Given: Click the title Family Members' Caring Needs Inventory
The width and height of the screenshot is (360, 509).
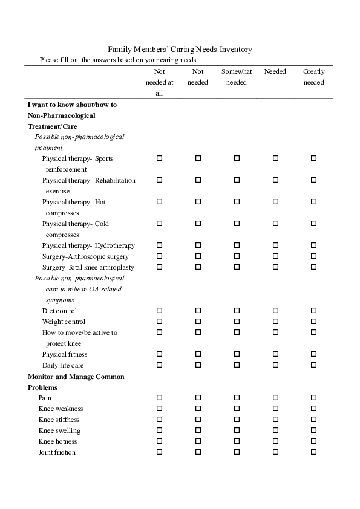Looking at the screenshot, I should click(180, 50).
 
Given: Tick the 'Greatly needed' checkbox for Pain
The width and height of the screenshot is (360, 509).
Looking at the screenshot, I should click(313, 398).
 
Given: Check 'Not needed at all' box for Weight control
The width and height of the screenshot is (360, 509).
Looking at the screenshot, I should click(160, 322).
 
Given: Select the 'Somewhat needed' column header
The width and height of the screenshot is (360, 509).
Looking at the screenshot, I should click(237, 77).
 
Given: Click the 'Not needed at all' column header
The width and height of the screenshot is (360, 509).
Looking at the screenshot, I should click(160, 82).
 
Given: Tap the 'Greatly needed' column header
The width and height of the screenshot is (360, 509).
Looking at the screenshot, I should click(313, 77).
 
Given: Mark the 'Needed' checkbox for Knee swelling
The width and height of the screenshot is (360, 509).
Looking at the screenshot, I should click(275, 430).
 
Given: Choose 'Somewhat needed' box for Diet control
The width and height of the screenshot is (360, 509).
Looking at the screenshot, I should click(237, 311).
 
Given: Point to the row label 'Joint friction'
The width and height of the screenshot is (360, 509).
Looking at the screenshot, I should click(57, 452).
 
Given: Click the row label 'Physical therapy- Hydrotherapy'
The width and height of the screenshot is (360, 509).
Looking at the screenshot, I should click(88, 245).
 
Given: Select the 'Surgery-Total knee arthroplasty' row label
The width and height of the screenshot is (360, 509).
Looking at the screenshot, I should click(88, 267).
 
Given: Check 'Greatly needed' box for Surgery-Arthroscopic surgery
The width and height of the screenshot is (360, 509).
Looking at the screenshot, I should click(313, 256).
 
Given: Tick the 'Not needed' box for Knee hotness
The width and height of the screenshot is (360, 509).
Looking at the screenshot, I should click(198, 441).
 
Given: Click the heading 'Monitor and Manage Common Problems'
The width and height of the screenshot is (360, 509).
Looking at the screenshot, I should click(76, 382).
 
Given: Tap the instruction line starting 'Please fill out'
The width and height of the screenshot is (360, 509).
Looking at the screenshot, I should click(119, 60).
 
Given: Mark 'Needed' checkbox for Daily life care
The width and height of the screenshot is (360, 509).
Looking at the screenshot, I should click(275, 365).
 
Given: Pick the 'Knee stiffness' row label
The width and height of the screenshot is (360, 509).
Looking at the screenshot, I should click(59, 420).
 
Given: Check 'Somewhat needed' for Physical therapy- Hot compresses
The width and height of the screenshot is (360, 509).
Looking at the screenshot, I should click(237, 202).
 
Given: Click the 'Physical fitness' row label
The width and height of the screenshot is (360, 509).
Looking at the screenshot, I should click(65, 354).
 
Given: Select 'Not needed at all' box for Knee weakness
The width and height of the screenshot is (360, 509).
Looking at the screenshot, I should click(160, 409).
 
